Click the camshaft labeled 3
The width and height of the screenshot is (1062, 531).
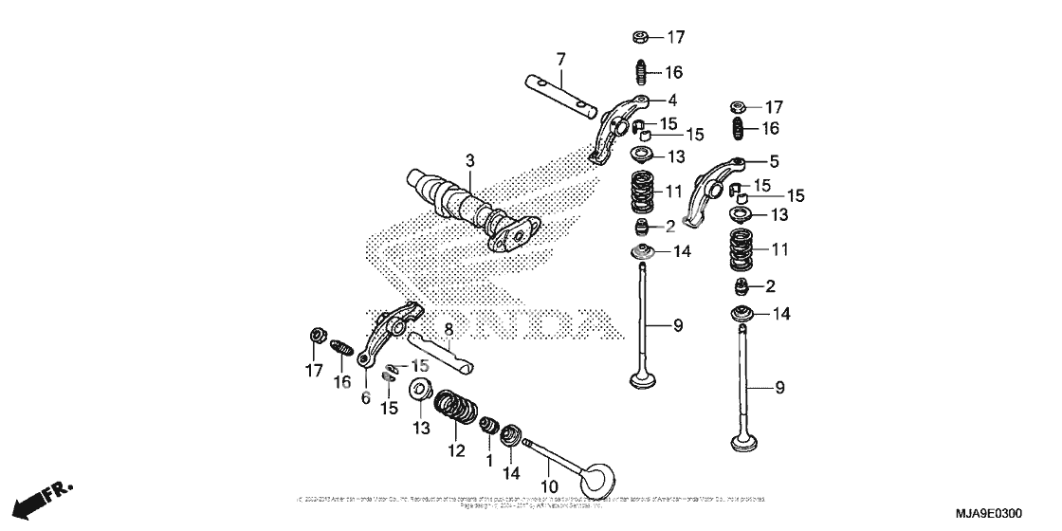pos(465,207)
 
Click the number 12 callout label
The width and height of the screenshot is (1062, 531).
pos(457,451)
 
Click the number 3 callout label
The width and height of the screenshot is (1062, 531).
pos(467,158)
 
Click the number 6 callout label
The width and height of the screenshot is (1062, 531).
pos(365,399)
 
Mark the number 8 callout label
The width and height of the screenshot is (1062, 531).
pos(449,328)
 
